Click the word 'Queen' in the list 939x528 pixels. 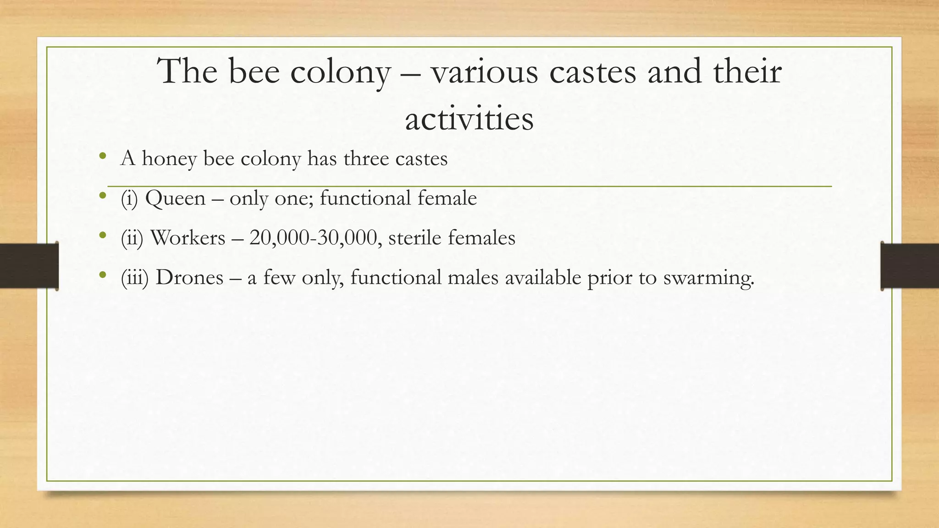[175, 198]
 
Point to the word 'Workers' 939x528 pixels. [188, 238]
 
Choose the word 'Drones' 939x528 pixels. [189, 278]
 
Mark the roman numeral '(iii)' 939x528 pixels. [135, 278]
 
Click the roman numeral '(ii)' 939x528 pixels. [132, 238]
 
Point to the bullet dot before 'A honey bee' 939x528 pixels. [102, 156]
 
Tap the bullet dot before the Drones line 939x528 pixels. [102, 275]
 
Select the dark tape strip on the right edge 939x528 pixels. [910, 266]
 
